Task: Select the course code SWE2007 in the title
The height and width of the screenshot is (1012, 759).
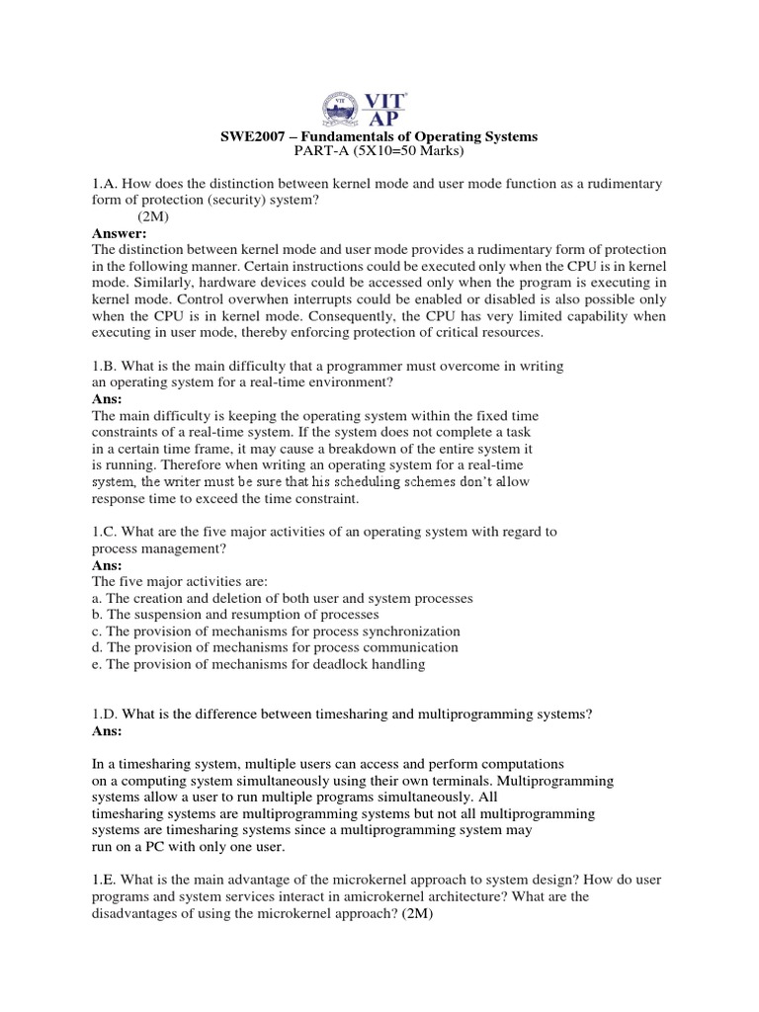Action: tap(252, 137)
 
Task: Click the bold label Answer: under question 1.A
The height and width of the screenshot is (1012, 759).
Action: tap(119, 233)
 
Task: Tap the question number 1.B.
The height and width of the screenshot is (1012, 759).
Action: tap(105, 366)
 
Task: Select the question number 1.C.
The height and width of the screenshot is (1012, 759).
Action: tap(105, 532)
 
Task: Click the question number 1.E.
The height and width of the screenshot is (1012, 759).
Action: tap(105, 880)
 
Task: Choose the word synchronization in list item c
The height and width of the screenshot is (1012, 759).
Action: tap(406, 632)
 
